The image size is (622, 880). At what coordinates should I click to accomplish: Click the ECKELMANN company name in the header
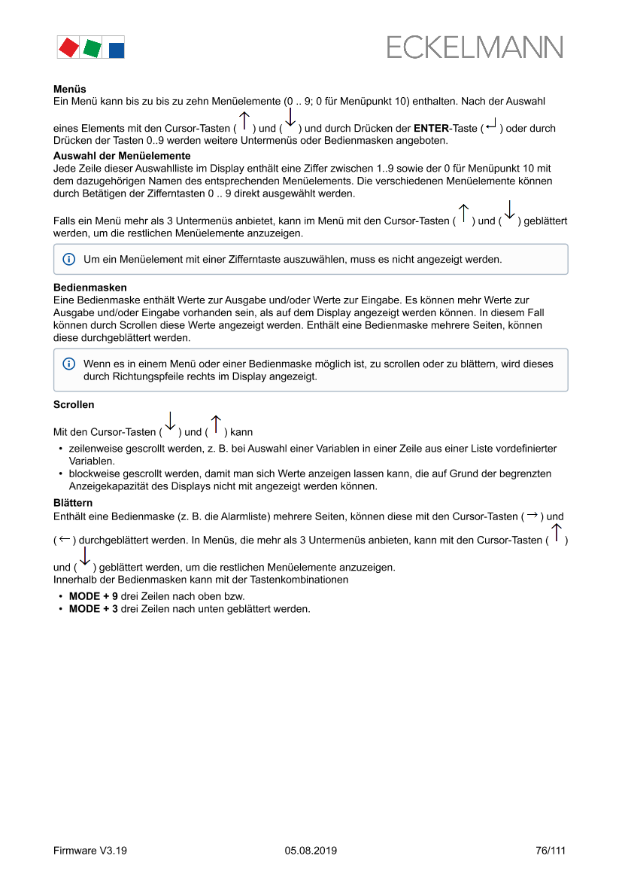[x=475, y=47]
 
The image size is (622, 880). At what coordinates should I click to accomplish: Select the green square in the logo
[x=92, y=48]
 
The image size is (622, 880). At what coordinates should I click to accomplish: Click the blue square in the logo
[x=117, y=50]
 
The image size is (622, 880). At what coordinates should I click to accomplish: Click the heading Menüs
[x=69, y=89]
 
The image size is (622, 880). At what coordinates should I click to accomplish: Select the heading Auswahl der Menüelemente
[x=122, y=156]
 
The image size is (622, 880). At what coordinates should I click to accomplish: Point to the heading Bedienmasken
[x=90, y=288]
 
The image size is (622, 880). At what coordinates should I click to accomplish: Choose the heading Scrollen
[x=74, y=404]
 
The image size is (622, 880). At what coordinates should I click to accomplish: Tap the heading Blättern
[x=73, y=502]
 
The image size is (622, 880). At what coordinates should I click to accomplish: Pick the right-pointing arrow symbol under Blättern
[x=532, y=516]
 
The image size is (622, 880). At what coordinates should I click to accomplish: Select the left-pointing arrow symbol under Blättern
[x=65, y=540]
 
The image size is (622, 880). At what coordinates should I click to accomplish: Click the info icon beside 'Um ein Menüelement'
[x=68, y=259]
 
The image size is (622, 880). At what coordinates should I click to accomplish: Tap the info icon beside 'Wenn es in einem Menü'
[x=68, y=364]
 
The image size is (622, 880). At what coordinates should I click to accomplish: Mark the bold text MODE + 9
[x=93, y=595]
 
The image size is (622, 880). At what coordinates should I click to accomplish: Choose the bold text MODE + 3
[x=93, y=608]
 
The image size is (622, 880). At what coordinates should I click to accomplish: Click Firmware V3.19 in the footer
[x=90, y=851]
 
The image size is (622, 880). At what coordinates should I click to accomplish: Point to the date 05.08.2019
[x=311, y=851]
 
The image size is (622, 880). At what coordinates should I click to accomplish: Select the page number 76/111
[x=550, y=851]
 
